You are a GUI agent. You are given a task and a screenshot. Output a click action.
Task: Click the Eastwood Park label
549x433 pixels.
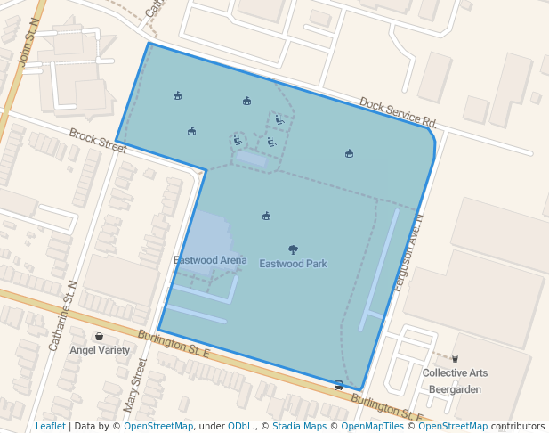pyautogui.click(x=293, y=264)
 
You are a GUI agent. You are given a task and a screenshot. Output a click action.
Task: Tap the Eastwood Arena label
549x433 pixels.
pyautogui.click(x=210, y=260)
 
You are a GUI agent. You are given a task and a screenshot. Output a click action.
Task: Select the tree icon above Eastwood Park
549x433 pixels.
pyautogui.click(x=293, y=250)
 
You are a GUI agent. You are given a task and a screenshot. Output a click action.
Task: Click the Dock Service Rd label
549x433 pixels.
pyautogui.click(x=398, y=111)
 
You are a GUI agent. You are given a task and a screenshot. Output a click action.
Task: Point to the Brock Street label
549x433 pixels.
pyautogui.click(x=98, y=140)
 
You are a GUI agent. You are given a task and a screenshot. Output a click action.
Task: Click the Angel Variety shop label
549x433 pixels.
pyautogui.click(x=100, y=350)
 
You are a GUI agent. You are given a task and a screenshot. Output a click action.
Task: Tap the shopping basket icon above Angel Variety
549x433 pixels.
pyautogui.click(x=99, y=337)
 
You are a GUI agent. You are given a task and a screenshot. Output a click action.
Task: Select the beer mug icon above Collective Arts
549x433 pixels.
pyautogui.click(x=455, y=358)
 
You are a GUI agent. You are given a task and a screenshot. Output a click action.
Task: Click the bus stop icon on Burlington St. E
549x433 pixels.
pyautogui.click(x=338, y=385)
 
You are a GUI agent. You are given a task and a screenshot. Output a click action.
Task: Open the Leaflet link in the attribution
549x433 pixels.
pyautogui.click(x=50, y=426)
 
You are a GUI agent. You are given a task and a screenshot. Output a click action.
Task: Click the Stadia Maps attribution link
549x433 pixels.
pyautogui.click(x=299, y=426)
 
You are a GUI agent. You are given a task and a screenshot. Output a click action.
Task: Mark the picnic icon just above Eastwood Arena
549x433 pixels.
pyautogui.click(x=266, y=216)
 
